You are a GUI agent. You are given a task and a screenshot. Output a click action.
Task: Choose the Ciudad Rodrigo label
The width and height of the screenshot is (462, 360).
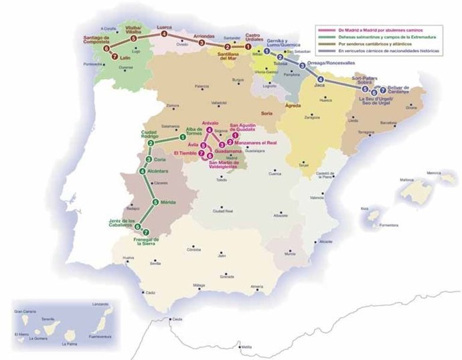click(154, 135)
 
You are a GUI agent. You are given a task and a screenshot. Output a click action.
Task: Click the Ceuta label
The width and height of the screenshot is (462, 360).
click(177, 320)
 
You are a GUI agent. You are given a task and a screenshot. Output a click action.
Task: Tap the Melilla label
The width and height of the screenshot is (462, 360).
click(246, 347)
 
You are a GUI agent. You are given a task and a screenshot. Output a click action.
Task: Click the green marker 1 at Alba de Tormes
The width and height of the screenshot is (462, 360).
click(182, 138)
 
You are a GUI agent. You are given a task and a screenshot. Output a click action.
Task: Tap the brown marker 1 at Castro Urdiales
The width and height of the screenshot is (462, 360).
click(247, 46)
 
